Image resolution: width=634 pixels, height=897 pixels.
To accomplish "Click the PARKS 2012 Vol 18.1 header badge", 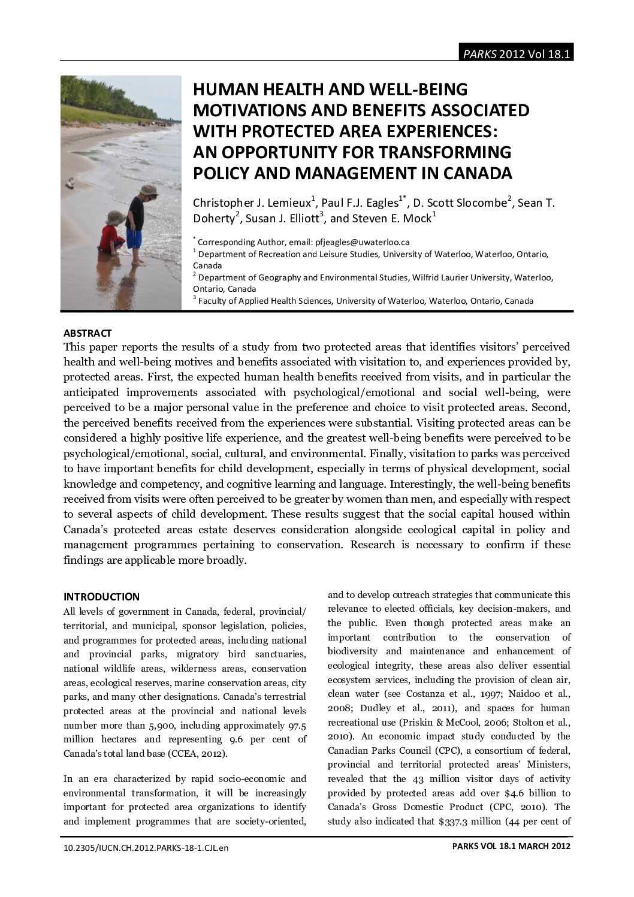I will [x=515, y=54].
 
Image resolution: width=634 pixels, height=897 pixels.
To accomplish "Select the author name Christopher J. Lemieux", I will [x=251, y=203].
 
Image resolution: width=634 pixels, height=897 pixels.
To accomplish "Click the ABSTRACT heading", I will [x=87, y=333].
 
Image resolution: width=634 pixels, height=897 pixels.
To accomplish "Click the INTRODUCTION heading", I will [x=101, y=597].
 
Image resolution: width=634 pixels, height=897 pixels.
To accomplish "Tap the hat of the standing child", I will [x=146, y=191].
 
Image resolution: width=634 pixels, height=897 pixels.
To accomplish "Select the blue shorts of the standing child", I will [x=134, y=238].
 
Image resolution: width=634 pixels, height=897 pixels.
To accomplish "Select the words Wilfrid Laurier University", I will [x=466, y=277].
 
